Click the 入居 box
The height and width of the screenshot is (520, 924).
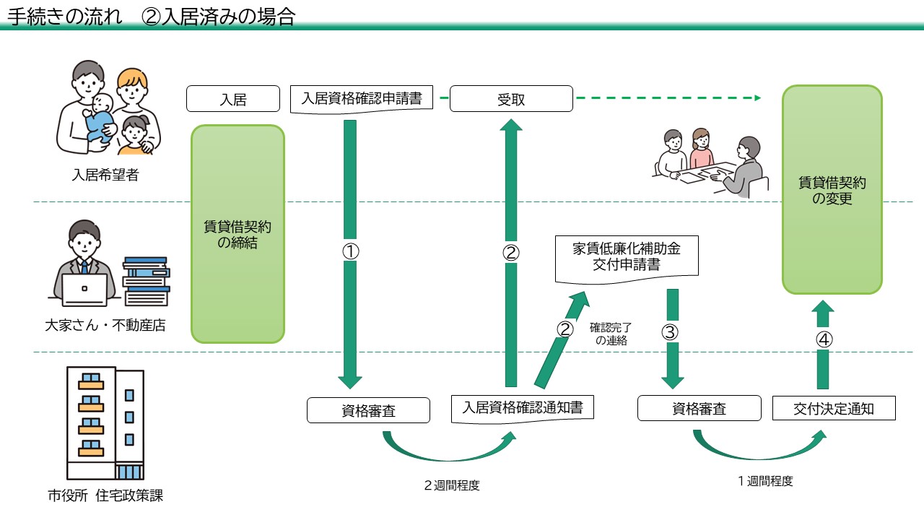click(x=233, y=100)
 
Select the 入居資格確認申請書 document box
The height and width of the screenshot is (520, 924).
click(x=362, y=98)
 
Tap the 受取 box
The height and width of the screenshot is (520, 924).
click(x=511, y=100)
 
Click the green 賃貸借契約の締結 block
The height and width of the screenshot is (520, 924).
click(x=238, y=234)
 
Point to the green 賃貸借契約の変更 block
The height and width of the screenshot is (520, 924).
click(x=832, y=189)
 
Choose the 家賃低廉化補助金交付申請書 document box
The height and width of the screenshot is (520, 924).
click(x=627, y=256)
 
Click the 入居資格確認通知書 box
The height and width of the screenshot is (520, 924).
click(x=522, y=408)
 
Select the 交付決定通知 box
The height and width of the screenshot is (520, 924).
click(x=834, y=408)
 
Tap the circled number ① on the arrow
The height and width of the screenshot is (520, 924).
click(x=350, y=251)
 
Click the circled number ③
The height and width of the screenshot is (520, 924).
click(x=671, y=332)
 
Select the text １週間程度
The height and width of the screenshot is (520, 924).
click(x=765, y=481)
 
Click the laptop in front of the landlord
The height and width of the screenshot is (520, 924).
click(x=84, y=290)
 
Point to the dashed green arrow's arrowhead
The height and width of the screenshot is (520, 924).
click(x=757, y=97)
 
